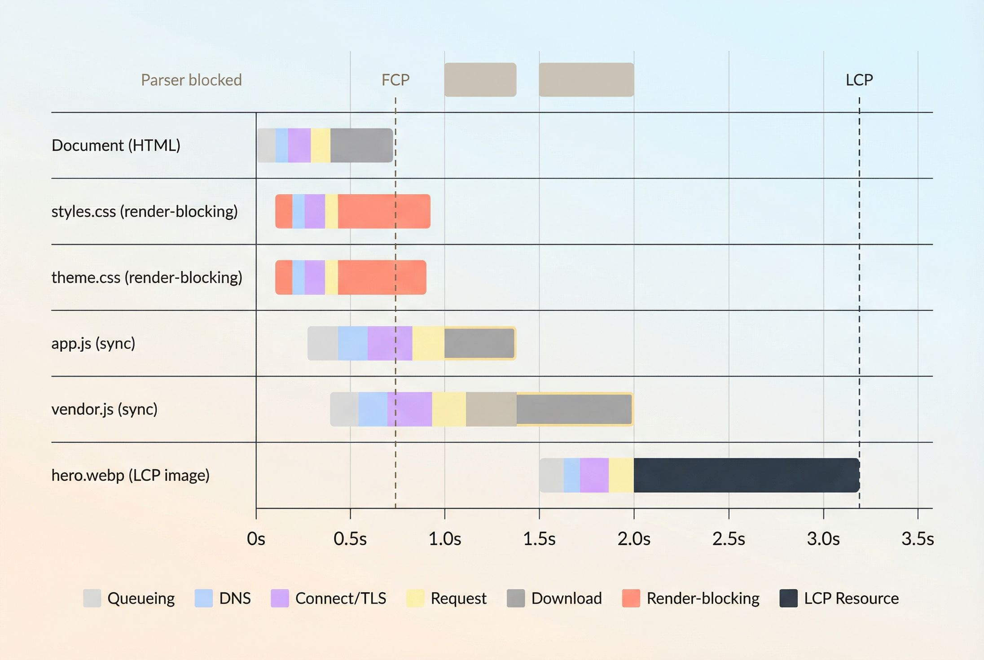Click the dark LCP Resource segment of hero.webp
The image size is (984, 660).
pyautogui.click(x=747, y=475)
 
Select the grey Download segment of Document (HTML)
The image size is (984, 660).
pyautogui.click(x=362, y=145)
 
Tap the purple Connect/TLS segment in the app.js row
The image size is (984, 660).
pyautogui.click(x=390, y=343)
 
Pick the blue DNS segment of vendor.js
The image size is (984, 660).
pyautogui.click(x=373, y=409)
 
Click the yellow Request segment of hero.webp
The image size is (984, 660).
pyautogui.click(x=621, y=475)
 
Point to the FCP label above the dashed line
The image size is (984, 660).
pyautogui.click(x=395, y=80)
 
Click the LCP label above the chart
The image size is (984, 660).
pyautogui.click(x=859, y=80)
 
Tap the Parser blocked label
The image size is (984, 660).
pyautogui.click(x=191, y=80)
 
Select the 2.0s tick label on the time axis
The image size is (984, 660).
pyautogui.click(x=634, y=539)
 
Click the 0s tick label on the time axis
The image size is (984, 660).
pyautogui.click(x=256, y=539)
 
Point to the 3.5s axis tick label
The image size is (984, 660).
pyautogui.click(x=918, y=539)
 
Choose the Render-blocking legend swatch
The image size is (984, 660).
pyautogui.click(x=631, y=598)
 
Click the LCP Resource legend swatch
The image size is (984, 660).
pyautogui.click(x=789, y=598)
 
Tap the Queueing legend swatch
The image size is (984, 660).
pyautogui.click(x=92, y=598)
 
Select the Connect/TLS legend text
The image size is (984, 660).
pyautogui.click(x=341, y=599)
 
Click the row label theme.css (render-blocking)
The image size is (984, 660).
pyautogui.click(x=147, y=278)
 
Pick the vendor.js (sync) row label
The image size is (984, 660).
pyautogui.click(x=105, y=409)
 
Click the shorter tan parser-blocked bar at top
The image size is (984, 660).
pyautogui.click(x=480, y=80)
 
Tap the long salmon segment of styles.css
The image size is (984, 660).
pyautogui.click(x=384, y=211)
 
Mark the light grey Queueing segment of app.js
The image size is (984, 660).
pyautogui.click(x=323, y=343)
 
